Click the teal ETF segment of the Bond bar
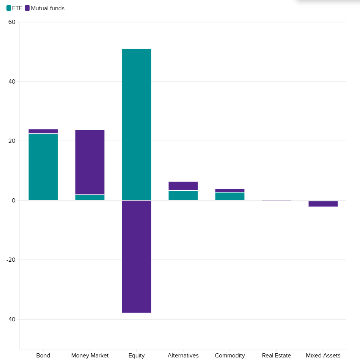(x=43, y=167)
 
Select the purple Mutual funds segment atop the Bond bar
(x=43, y=131)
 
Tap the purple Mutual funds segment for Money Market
(x=90, y=162)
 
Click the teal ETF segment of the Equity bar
(x=137, y=124)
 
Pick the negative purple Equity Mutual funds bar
(x=137, y=256)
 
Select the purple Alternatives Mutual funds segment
(x=183, y=186)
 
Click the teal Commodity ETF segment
(x=230, y=196)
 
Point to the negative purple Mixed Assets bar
(x=323, y=204)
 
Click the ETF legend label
(x=17, y=8)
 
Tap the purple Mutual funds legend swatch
(x=27, y=8)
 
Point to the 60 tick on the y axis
(x=12, y=22)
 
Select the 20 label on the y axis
(x=12, y=141)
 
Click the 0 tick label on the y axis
(x=13, y=201)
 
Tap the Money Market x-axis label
(x=90, y=356)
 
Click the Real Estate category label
(x=277, y=356)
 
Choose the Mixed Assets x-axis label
(x=323, y=356)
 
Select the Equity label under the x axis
(x=137, y=356)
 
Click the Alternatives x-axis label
(x=183, y=356)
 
